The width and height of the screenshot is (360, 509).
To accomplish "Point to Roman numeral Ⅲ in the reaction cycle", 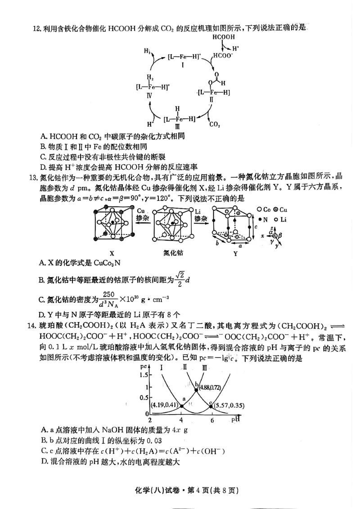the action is point(178,126).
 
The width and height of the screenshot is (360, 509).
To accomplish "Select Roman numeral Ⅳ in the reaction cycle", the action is point(149,95).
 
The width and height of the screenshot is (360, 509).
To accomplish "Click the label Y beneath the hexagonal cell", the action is point(235,253).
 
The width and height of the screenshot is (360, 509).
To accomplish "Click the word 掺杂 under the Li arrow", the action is point(201,218).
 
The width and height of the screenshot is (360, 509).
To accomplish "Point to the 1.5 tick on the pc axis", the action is point(144,374).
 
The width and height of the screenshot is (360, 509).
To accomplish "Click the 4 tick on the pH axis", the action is point(181,420).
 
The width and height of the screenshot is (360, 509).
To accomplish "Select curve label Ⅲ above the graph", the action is point(205,367).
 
